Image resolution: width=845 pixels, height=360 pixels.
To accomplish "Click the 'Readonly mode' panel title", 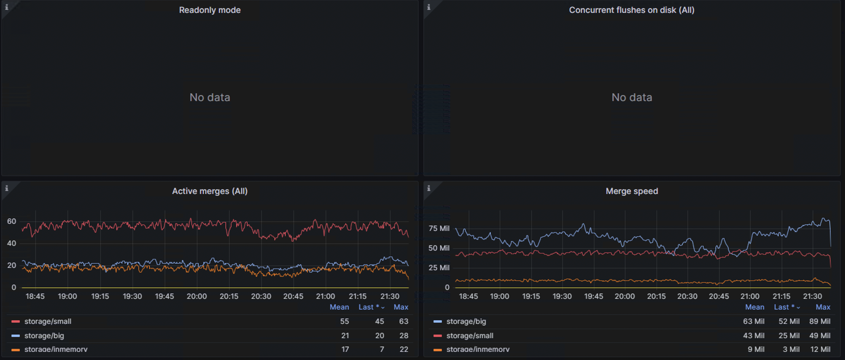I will coord(210,10).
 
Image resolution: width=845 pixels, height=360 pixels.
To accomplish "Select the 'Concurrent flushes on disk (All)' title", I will coord(632,10).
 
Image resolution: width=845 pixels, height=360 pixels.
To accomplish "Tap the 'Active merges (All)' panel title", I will coord(210,191).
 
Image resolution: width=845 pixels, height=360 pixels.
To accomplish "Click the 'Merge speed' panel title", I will coord(632,191).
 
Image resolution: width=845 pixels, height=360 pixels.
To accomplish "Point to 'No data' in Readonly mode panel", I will coord(210,97).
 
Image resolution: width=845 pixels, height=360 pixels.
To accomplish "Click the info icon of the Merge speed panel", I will coord(428,188).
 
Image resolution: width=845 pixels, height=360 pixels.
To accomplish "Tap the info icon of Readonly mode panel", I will coord(7,7).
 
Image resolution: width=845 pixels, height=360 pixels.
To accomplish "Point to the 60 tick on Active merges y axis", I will coord(12,221).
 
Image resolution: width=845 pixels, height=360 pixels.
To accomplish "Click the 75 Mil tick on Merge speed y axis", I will coord(439,229).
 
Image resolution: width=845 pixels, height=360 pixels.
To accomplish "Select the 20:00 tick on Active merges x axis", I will coord(196,297).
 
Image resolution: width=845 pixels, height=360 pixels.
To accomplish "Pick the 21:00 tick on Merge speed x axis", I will coord(750,297).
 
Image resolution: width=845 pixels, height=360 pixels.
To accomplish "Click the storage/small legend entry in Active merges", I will coord(48,321).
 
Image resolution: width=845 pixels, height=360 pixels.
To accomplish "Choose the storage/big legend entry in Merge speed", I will coord(466,321).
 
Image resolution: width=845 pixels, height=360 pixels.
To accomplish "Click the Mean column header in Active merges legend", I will coord(339,307).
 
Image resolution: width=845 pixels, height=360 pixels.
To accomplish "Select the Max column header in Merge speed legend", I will coord(823,307).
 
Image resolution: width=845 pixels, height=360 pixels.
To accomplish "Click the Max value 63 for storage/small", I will coord(403,321).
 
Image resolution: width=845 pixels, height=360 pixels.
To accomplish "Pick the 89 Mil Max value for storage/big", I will coord(819,321).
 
